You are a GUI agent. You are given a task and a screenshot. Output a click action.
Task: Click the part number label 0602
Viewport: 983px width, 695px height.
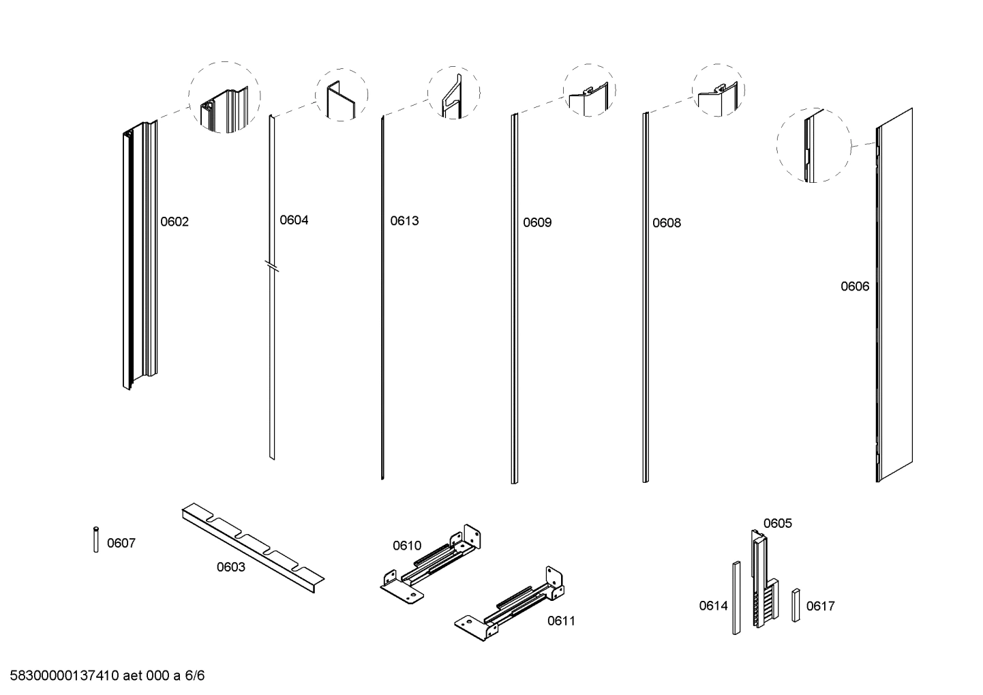coord(175,222)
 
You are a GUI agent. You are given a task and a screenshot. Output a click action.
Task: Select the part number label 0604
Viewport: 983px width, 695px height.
coord(294,220)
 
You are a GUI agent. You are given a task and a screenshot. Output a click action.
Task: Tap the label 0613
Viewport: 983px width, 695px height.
coord(404,221)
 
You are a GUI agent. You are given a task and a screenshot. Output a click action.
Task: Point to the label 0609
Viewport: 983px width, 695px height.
coord(537,222)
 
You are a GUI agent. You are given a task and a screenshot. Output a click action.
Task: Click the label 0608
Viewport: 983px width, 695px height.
coord(666,223)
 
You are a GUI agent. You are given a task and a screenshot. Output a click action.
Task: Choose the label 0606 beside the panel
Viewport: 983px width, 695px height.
coord(854,286)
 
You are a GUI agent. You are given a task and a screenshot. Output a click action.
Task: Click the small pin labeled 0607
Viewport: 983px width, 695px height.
coord(96,539)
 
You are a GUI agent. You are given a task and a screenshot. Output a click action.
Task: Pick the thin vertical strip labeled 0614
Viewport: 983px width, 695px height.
coord(736,598)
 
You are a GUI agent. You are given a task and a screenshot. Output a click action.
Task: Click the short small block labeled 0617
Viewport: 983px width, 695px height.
coord(796,605)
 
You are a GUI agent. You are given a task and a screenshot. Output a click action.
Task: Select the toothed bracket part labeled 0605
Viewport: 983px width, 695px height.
coord(762,580)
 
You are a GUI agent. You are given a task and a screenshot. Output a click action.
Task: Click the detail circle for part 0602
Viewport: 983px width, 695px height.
coord(224,97)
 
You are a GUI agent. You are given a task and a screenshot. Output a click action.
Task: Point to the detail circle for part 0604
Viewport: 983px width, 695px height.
coord(341,95)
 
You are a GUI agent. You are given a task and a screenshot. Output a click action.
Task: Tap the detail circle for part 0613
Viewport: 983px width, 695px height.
coord(453,93)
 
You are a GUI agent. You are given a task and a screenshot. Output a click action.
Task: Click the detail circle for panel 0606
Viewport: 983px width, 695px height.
coord(813,145)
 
